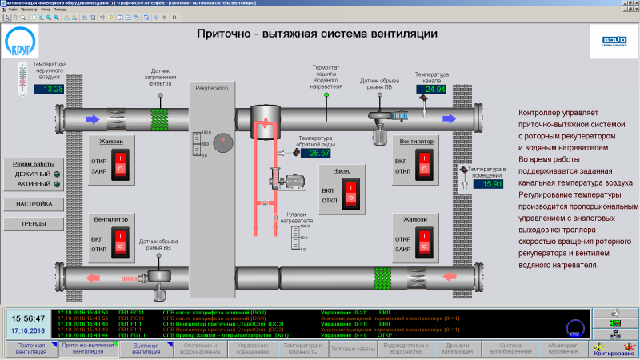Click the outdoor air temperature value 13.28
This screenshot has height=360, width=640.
pos(50,89)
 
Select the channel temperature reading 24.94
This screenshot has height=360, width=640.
pos(432,89)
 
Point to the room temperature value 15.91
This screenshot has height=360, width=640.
pos(489,184)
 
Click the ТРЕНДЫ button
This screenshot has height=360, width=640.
pos(33,223)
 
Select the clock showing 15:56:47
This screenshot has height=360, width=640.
pos(29,318)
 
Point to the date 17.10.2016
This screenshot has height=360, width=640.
pos(29,330)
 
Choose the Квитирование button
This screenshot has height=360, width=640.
pos(612,348)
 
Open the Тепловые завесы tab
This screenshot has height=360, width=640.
pos(353,348)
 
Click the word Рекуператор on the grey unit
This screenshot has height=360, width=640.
pos(212,87)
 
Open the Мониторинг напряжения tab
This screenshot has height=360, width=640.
pos(562,348)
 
